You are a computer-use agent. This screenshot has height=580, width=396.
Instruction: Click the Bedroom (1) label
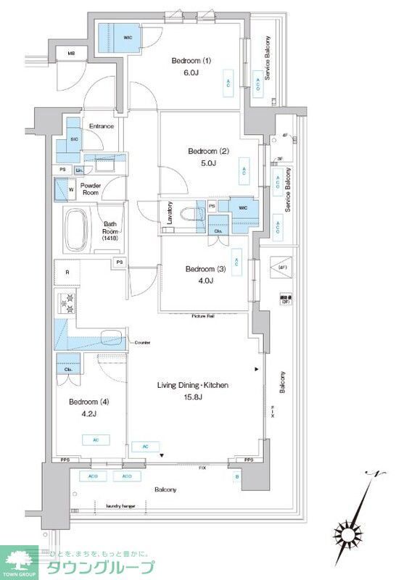tap(191, 61)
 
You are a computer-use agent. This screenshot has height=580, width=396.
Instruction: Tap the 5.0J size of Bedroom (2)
tap(208, 162)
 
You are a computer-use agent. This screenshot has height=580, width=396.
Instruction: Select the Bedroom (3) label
tap(205, 269)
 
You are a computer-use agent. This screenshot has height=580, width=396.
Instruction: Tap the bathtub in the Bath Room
tap(78, 228)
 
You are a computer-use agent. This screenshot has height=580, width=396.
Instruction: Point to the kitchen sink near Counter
tap(110, 339)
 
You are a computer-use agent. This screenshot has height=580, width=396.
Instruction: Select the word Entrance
tap(101, 127)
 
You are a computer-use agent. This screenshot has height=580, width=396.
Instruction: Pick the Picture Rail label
tap(203, 317)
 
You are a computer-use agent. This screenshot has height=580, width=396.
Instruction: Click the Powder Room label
tap(90, 189)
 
